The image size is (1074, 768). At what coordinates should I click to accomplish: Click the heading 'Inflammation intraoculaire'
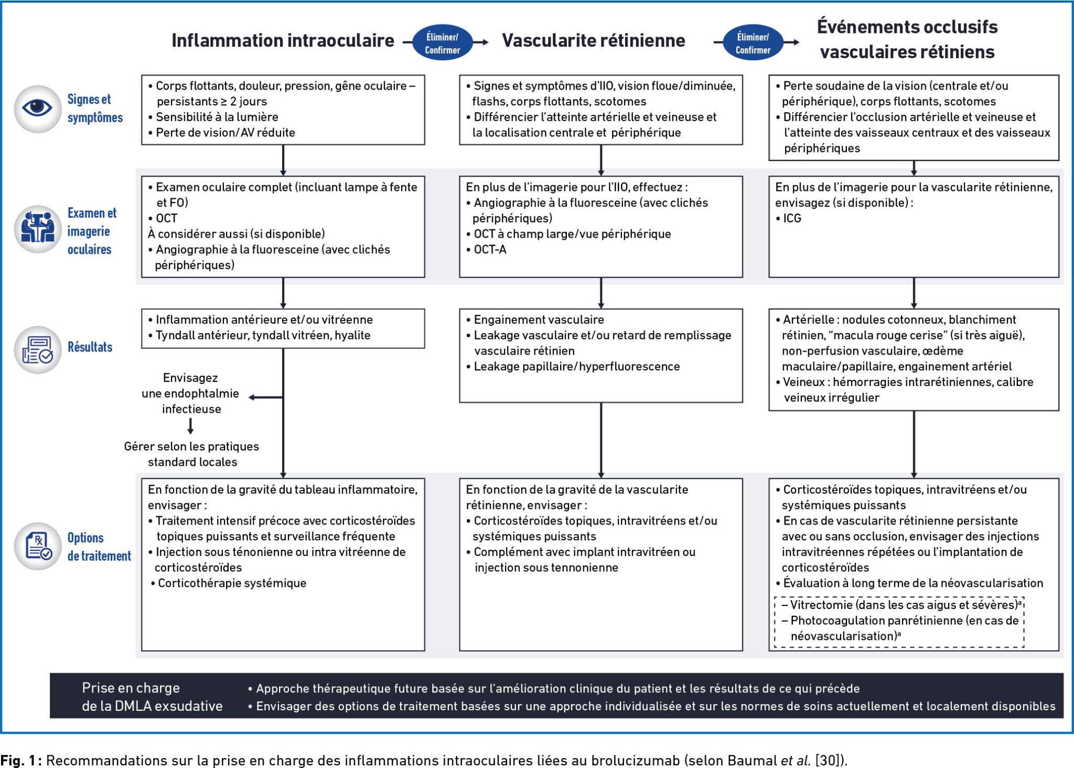pyautogui.click(x=283, y=40)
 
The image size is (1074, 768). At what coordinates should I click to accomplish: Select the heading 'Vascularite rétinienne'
pyautogui.click(x=593, y=40)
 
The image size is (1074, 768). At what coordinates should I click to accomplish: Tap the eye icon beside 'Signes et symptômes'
pyautogui.click(x=37, y=109)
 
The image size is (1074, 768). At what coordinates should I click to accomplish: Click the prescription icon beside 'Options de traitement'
pyautogui.click(x=37, y=546)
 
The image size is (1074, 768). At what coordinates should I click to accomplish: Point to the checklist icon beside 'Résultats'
pyautogui.click(x=37, y=350)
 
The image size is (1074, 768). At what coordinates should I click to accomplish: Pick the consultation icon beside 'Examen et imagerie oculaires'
pyautogui.click(x=37, y=229)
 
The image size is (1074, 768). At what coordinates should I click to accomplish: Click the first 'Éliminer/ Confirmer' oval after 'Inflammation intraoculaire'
pyautogui.click(x=442, y=43)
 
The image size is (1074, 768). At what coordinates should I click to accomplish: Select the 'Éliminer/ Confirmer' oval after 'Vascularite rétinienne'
pyautogui.click(x=753, y=43)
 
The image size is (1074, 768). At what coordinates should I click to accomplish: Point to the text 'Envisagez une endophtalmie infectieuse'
pyautogui.click(x=190, y=393)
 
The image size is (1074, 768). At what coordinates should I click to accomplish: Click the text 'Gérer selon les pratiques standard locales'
pyautogui.click(x=192, y=454)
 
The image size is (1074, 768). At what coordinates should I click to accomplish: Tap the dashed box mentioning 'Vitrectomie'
pyautogui.click(x=899, y=621)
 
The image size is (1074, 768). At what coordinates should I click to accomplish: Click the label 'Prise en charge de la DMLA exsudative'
pyautogui.click(x=152, y=697)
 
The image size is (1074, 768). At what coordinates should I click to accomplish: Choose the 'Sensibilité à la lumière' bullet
pyautogui.click(x=217, y=117)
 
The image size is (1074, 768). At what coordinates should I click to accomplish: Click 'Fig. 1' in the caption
pyautogui.click(x=18, y=760)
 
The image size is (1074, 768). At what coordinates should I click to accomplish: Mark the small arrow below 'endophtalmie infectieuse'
pyautogui.click(x=190, y=426)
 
